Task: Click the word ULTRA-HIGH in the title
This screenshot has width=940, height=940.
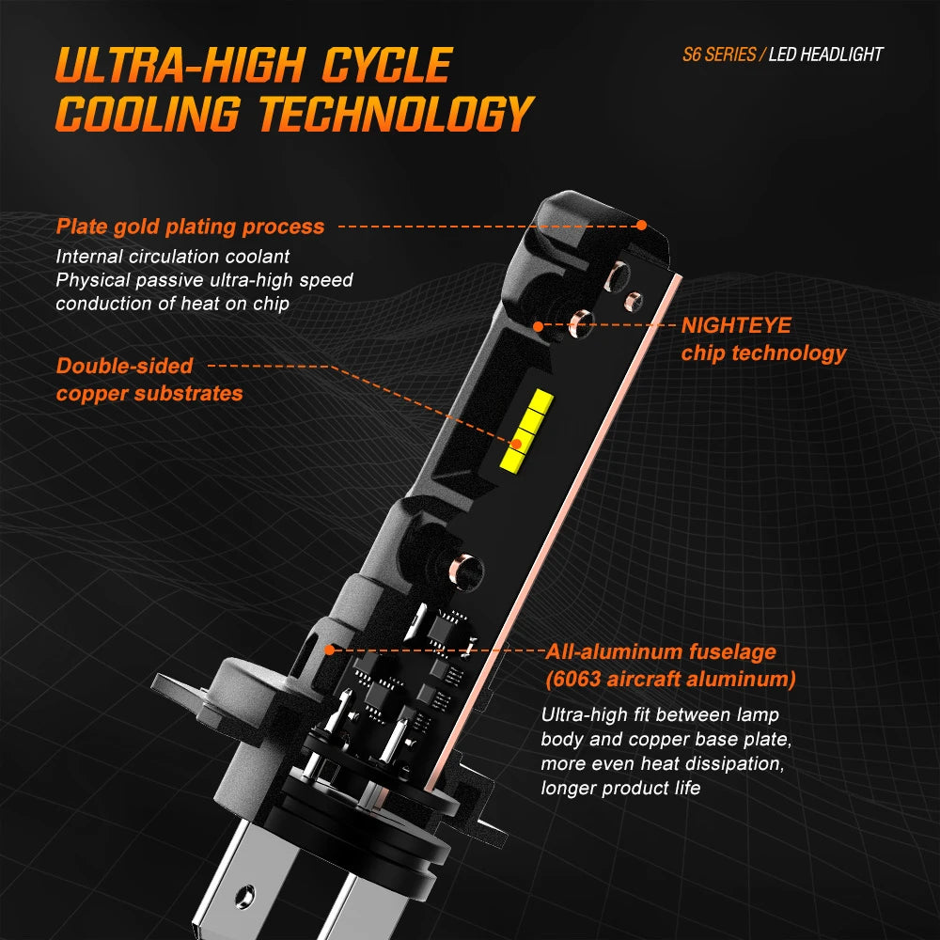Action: [180, 65]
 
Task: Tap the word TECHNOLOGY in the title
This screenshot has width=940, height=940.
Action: [397, 114]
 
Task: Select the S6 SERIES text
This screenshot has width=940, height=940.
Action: [719, 55]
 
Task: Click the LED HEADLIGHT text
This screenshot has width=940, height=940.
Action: [825, 55]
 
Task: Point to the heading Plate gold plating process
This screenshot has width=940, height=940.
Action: [190, 227]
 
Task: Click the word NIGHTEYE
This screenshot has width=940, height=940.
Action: [736, 325]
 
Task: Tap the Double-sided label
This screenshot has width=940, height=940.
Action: [124, 366]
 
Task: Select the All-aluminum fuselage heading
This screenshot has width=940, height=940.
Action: [661, 651]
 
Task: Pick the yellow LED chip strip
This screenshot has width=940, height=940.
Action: [526, 430]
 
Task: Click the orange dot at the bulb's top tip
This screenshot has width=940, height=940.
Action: [641, 226]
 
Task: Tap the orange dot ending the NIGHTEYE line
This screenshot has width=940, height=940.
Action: [539, 326]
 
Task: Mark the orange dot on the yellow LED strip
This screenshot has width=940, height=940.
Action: [517, 445]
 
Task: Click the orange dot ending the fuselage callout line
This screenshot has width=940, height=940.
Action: [329, 650]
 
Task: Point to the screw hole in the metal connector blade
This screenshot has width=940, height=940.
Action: [245, 896]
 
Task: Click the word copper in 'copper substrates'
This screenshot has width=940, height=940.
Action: [92, 394]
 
